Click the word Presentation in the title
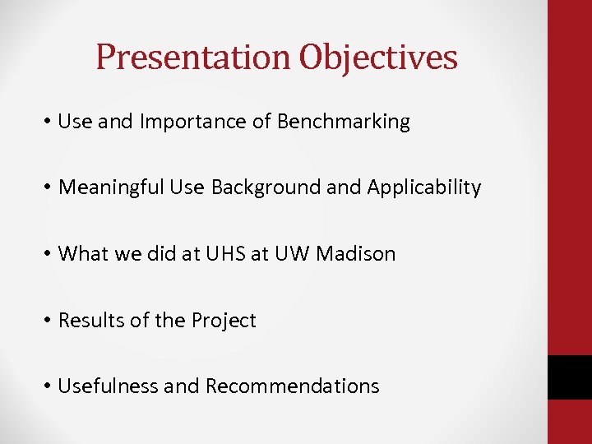(x=193, y=58)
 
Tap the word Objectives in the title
(x=378, y=58)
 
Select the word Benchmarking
(x=344, y=123)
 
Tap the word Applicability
(x=423, y=188)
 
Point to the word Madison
(x=355, y=254)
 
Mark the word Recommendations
(x=292, y=386)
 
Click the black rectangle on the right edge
(x=569, y=377)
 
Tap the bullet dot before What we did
(x=49, y=255)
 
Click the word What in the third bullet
(x=79, y=254)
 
